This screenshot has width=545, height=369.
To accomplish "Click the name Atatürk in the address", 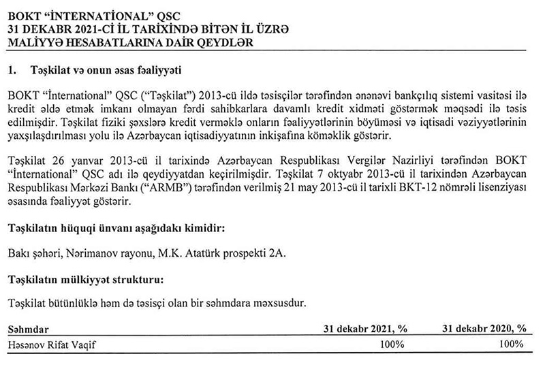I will (x=201, y=254).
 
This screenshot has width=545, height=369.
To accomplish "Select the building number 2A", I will (x=279, y=254).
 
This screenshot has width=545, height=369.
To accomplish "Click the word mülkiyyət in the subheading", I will (x=85, y=279).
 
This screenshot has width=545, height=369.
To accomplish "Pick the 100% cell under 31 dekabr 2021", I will (x=392, y=344).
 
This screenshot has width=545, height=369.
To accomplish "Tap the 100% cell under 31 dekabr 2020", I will (x=511, y=344).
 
